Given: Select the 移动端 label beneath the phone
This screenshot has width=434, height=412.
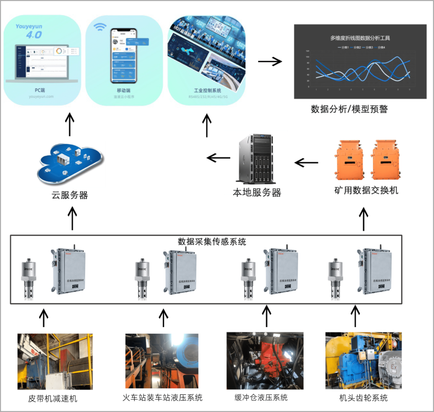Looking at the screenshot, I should coord(123,91).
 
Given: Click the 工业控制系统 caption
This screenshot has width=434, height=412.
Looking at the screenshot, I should coord(205,91).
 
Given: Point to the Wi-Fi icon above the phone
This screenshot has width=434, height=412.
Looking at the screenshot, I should coord(100,28).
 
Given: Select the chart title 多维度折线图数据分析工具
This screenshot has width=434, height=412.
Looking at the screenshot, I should coord(360,38).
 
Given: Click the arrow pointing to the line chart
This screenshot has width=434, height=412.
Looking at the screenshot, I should coord(270,62).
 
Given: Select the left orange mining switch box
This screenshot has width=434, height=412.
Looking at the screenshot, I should coord(346,159).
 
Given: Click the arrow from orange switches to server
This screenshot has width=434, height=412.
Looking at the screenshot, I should coord(306,163).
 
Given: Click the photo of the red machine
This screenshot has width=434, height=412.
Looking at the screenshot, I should coord(265,360).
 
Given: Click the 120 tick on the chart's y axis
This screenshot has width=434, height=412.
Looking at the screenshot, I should coord(307,52).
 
